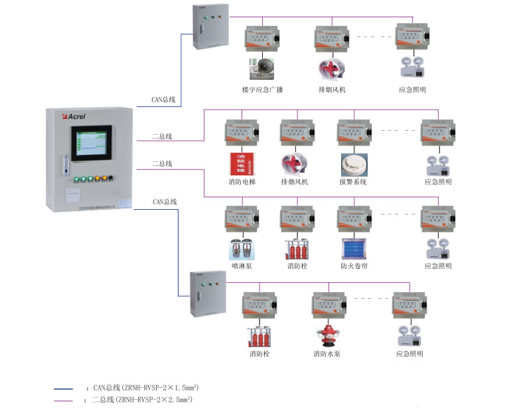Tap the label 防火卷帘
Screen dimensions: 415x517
point(354,266)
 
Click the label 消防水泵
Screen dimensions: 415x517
point(327,354)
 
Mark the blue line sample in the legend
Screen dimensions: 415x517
point(64,387)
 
